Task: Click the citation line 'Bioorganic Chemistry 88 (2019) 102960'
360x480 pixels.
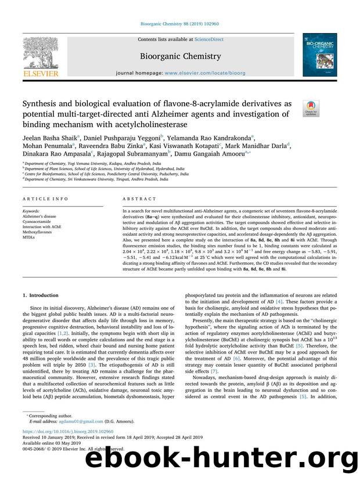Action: coord(180,24)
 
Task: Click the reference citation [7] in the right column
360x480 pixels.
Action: coord(214,387)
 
